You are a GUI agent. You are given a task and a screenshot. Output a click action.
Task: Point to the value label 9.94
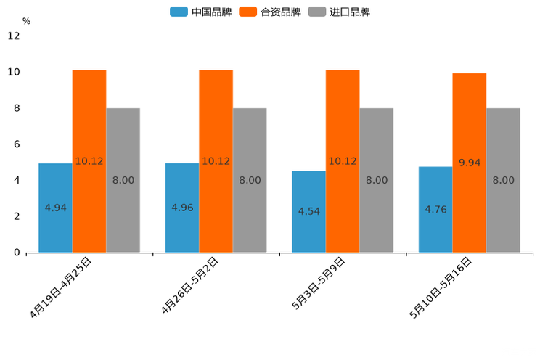(470, 163)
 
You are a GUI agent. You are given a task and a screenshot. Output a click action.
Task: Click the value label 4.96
(182, 208)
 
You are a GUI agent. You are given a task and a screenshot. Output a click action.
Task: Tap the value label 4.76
(435, 210)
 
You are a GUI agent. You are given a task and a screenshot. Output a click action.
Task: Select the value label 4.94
(55, 208)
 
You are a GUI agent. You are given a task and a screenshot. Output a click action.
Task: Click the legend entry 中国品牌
(201, 12)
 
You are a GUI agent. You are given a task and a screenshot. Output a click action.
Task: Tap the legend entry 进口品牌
(339, 12)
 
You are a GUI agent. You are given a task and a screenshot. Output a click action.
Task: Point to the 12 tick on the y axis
(14, 36)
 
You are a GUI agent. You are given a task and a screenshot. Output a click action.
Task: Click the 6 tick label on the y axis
(17, 144)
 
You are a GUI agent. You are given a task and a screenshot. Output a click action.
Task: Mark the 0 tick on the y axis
(17, 253)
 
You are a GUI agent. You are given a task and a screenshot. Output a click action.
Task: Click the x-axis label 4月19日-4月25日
(62, 287)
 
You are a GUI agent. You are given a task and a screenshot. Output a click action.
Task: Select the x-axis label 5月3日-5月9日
(319, 284)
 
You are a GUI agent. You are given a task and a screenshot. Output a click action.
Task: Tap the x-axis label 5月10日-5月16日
(441, 287)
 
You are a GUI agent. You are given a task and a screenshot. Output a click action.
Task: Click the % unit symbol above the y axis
(26, 21)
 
